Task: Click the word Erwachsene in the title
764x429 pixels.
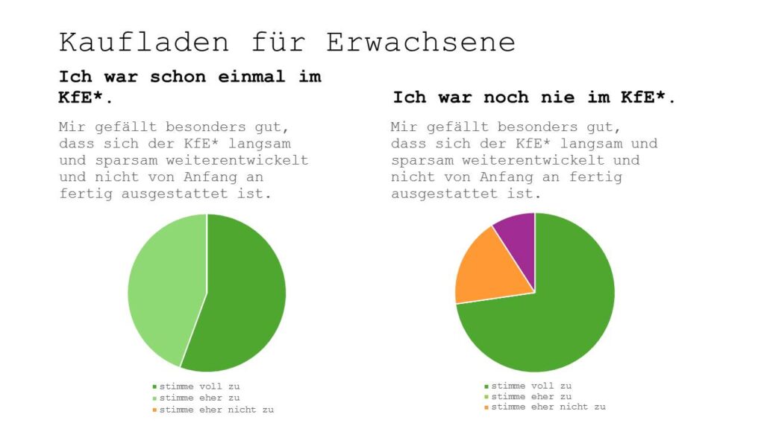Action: [420, 42]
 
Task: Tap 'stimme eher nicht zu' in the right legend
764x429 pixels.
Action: [548, 407]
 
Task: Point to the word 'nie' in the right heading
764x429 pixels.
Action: [574, 98]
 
